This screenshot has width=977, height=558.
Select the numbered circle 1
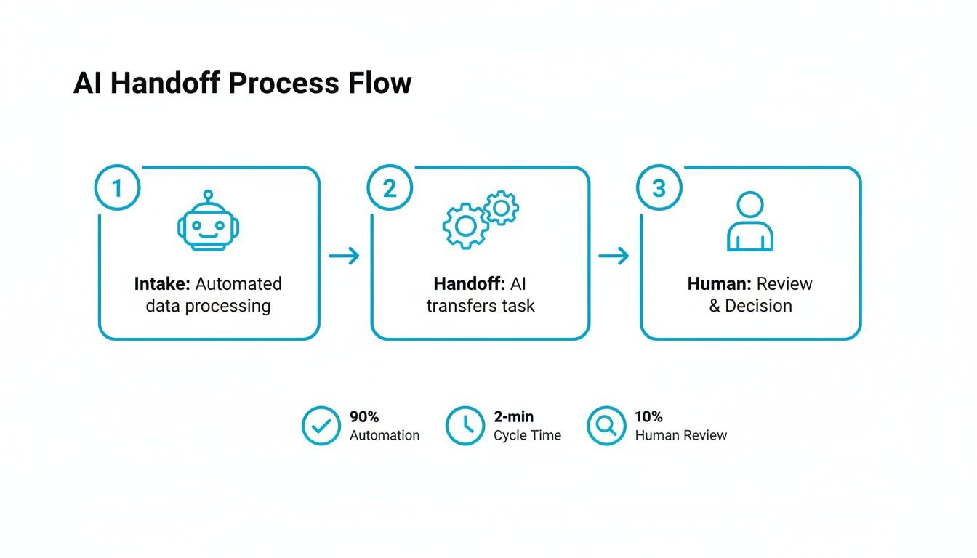coord(117,188)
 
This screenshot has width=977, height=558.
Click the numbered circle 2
coord(390,188)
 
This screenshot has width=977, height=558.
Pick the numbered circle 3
coord(659,188)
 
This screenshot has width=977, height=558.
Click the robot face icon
coord(209,227)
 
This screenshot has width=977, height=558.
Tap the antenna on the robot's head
coord(209,197)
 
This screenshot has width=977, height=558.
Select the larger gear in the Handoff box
coord(465,226)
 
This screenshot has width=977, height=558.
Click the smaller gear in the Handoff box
coord(501,209)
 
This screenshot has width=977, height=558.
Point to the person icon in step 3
coord(750,222)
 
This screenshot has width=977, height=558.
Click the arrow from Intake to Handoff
coord(344,256)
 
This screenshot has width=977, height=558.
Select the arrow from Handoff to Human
coord(614,256)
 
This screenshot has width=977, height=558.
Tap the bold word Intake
coord(162,283)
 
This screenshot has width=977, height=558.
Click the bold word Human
coord(719,283)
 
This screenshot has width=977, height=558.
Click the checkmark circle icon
coord(321,426)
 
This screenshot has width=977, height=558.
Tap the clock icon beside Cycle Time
coord(465,426)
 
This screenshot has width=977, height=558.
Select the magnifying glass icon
coord(606,426)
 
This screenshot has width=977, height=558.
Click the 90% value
coord(364,417)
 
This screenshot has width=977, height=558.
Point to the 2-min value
coord(513,417)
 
